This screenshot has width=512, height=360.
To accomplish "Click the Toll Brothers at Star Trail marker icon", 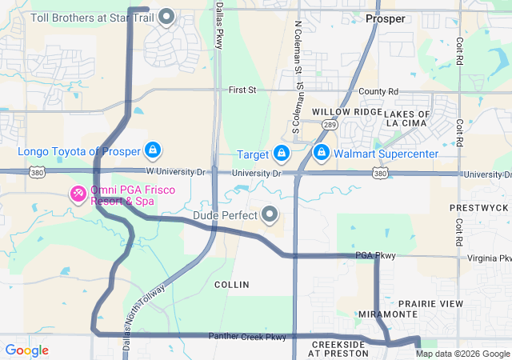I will (x=166, y=16).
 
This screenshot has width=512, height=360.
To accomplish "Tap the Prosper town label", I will (x=385, y=18).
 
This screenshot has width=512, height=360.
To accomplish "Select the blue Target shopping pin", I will (x=281, y=153).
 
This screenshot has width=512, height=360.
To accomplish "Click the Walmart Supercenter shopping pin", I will (x=321, y=153).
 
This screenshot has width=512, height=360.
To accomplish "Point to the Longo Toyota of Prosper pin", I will (x=153, y=150).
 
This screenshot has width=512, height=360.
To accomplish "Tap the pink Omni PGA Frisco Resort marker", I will (x=78, y=194).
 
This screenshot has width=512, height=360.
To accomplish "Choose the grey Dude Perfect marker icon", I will (x=270, y=214).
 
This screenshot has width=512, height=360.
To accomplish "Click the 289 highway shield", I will (x=329, y=126).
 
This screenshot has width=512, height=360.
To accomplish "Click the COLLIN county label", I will (x=232, y=285).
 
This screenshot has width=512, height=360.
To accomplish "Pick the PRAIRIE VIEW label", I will (x=430, y=304).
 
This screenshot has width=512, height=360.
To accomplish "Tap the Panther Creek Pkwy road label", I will (x=247, y=337).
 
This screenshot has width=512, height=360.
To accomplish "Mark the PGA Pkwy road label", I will (x=376, y=256).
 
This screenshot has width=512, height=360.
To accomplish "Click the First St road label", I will (x=241, y=90).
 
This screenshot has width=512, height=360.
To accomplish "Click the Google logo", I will (x=26, y=350).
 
